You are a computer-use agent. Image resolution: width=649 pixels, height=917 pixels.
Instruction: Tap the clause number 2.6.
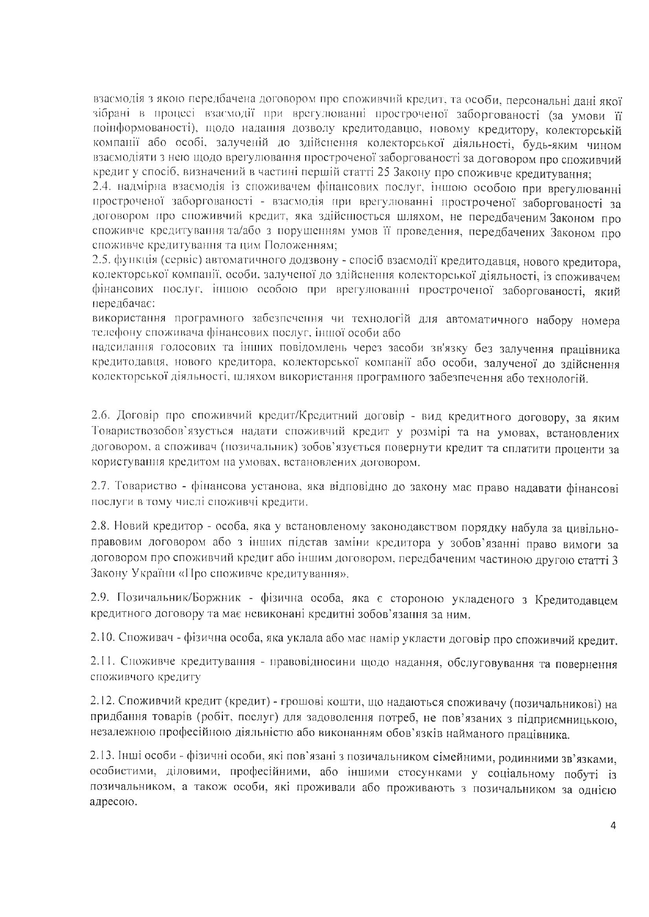point(100,417)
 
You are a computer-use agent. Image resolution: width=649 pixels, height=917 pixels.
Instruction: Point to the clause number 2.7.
point(100,488)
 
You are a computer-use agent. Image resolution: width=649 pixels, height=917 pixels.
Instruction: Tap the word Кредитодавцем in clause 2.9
point(576,600)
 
